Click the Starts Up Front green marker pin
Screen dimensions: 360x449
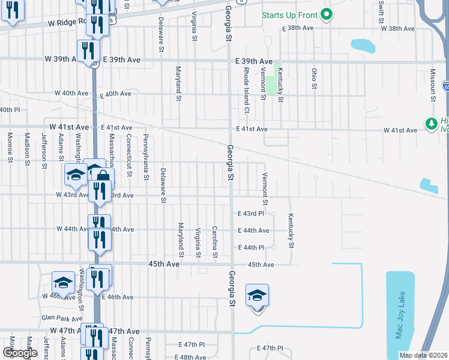point(326,14)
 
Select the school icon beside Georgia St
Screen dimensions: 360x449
point(257,296)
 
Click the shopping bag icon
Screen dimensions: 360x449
point(103,176)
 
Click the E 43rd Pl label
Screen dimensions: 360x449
point(251,214)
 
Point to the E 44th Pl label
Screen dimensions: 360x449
point(251,247)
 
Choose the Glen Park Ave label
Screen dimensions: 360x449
point(61,319)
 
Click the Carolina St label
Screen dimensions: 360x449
point(214,242)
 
